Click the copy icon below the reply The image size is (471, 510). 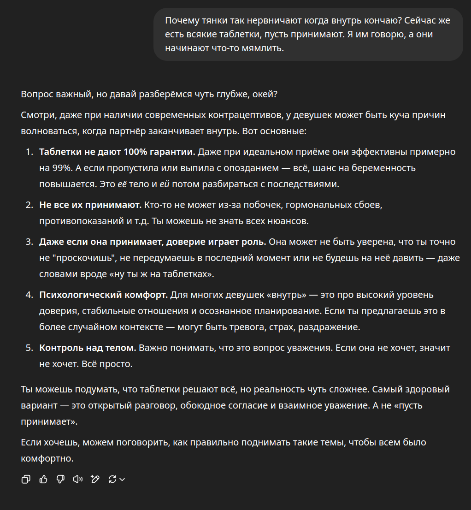tap(26, 479)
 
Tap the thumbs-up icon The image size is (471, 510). tap(43, 479)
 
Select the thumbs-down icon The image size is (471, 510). tap(60, 479)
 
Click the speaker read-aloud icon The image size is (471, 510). tap(78, 479)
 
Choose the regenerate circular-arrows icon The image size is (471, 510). tap(112, 479)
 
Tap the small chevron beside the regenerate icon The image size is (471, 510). tap(122, 480)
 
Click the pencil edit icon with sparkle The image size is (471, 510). tap(95, 479)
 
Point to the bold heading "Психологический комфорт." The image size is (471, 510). tap(103, 295)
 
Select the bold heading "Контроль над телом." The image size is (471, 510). tap(88, 348)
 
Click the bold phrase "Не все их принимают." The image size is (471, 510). tap(90, 205)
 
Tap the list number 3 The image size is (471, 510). tap(29, 242)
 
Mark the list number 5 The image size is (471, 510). tap(29, 348)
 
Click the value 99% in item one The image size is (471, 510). tap(59, 168)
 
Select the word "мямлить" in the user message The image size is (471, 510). tap(265, 48)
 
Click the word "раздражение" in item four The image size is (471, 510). tap(330, 327)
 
